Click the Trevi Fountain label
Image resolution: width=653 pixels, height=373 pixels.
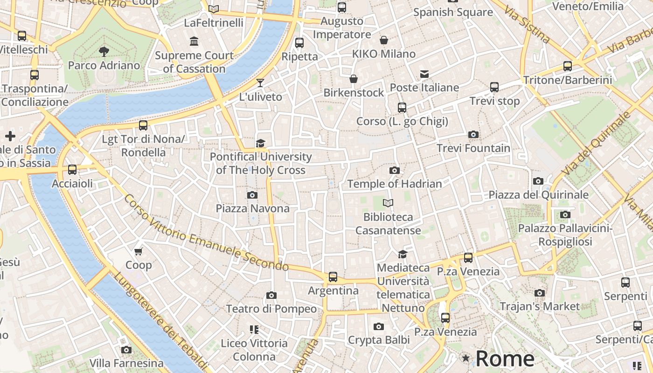tap(473, 148)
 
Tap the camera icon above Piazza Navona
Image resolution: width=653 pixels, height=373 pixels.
tap(252, 195)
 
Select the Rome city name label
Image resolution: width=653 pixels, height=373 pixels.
tap(505, 359)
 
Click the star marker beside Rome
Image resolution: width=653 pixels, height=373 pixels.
tap(465, 358)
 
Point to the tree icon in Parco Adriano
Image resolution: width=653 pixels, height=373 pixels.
tap(104, 52)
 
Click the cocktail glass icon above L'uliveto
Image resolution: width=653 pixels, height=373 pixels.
tap(260, 83)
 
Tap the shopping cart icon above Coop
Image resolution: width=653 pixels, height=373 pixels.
tap(138, 252)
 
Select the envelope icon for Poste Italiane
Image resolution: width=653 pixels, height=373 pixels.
tap(424, 74)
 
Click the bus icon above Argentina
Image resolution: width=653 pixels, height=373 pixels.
tap(333, 277)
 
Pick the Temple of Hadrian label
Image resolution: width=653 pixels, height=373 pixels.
tap(395, 184)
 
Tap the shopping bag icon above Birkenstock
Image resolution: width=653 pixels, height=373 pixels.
tap(354, 79)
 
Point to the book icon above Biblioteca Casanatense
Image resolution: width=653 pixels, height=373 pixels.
tap(388, 203)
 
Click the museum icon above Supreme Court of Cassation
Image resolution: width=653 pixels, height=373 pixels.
tap(194, 41)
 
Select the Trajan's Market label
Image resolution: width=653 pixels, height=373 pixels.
tap(540, 306)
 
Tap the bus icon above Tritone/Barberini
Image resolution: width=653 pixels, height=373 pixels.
tap(568, 66)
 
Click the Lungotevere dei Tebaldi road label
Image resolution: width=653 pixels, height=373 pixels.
tap(160, 321)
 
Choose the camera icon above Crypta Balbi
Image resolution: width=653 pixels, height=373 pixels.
tap(379, 326)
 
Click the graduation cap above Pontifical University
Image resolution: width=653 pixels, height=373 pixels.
tap(260, 143)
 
